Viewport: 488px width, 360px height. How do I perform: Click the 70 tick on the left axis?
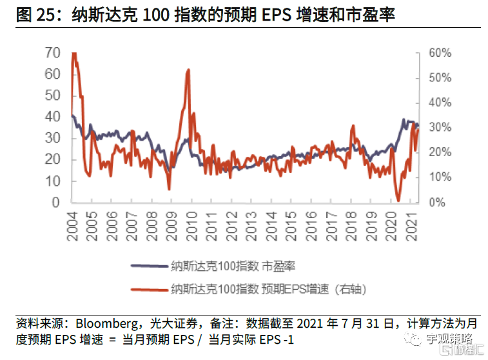(54, 53)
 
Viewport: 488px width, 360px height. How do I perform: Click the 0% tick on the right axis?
(437, 203)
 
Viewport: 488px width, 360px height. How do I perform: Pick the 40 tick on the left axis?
(54, 117)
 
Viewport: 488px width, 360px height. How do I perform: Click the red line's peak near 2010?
(188, 70)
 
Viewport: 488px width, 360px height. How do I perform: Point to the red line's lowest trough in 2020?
(398, 201)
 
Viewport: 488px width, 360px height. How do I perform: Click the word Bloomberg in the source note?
(106, 323)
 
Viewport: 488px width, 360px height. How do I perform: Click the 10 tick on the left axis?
(54, 181)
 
